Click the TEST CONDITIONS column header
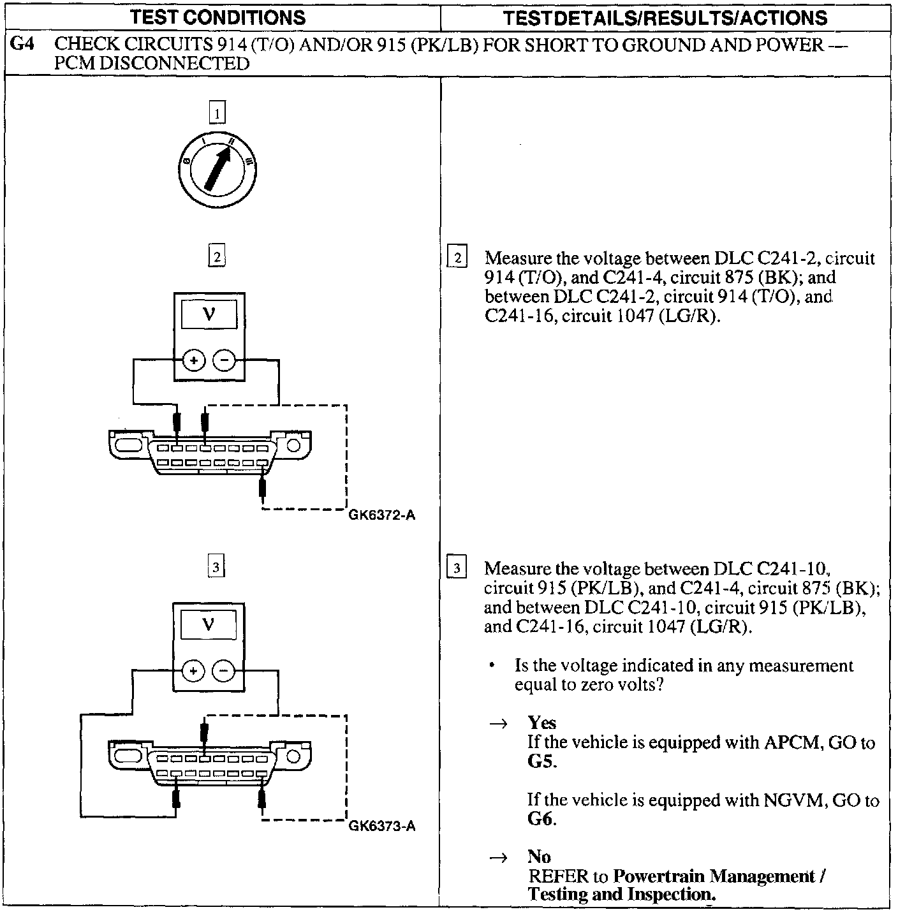pos(217,17)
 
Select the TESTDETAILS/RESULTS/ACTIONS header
pos(665,17)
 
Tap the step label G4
pos(23,45)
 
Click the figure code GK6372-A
pos(382,515)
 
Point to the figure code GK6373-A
pos(382,826)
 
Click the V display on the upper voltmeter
pos(209,314)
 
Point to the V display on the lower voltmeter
pos(209,625)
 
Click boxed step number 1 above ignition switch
pos(217,114)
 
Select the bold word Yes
pos(541,723)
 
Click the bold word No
pos(539,857)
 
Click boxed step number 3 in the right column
pos(457,567)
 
